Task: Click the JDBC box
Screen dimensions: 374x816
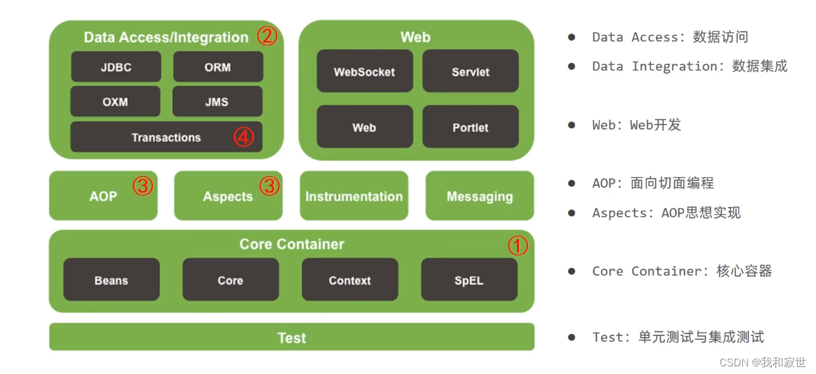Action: (115, 67)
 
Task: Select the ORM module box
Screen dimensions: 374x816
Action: (218, 67)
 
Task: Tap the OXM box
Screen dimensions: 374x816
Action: (115, 102)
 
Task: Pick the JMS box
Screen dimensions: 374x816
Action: (217, 102)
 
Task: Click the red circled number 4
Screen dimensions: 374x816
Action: (244, 137)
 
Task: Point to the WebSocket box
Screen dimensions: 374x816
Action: (364, 72)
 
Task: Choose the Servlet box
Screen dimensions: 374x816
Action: (470, 72)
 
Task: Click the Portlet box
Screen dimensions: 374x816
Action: (470, 127)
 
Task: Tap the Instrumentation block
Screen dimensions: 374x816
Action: (354, 196)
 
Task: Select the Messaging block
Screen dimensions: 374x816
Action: (480, 196)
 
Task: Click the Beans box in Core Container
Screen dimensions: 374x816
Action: (111, 280)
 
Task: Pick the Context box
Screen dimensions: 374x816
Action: (350, 280)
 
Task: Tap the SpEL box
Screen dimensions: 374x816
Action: (469, 280)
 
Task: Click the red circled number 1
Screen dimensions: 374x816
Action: (518, 246)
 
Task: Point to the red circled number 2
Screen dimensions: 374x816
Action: (267, 36)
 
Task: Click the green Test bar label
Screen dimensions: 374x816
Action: (292, 338)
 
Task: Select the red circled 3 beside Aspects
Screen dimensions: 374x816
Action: (270, 186)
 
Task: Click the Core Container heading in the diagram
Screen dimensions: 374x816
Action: (292, 244)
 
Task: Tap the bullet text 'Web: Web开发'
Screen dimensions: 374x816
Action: (636, 125)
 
